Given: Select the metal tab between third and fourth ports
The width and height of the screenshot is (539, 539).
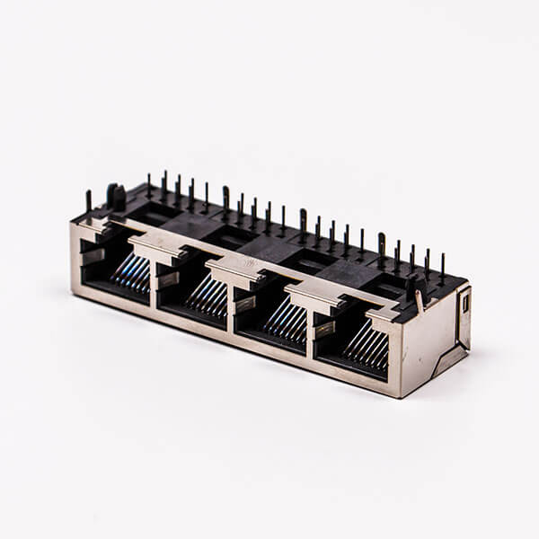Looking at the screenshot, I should pos(310,296).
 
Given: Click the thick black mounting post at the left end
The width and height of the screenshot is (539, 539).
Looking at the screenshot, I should pos(116,197).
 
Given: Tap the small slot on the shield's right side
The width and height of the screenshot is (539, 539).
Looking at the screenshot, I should pos(465,303).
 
